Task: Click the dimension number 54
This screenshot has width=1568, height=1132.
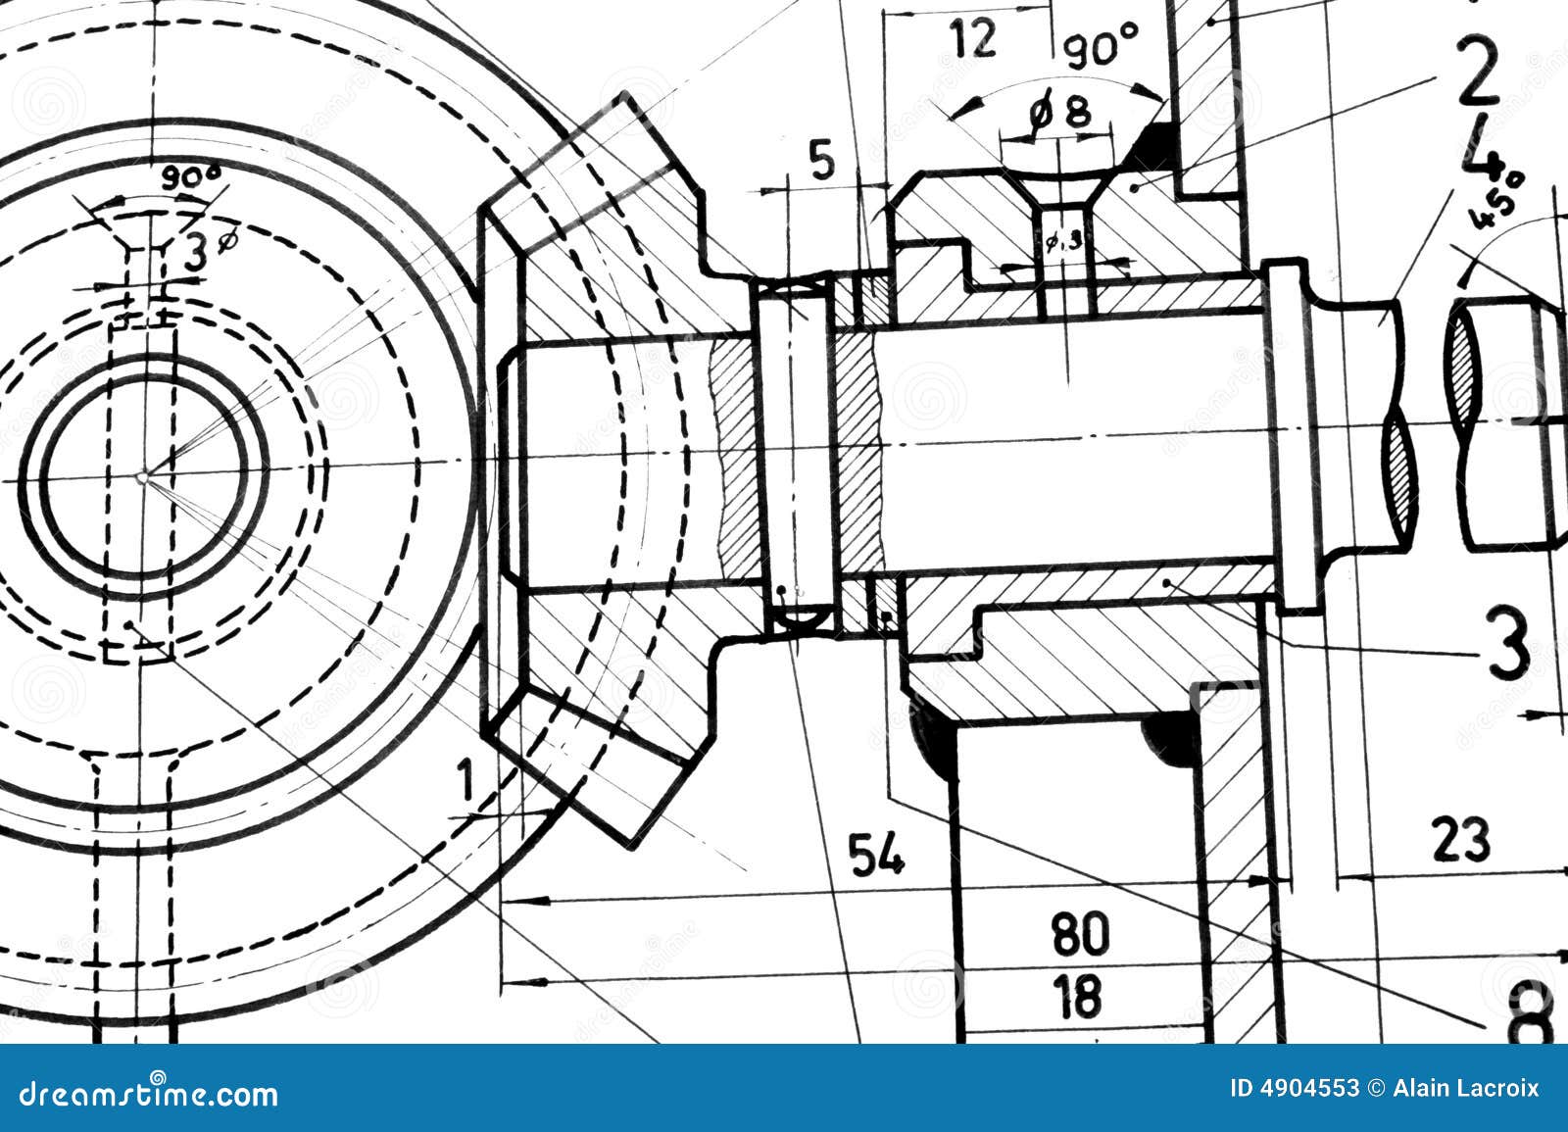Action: point(876,854)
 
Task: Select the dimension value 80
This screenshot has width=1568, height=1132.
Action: point(1081,933)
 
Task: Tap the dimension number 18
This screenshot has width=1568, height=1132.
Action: point(1081,996)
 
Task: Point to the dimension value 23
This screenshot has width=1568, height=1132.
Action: point(1461,839)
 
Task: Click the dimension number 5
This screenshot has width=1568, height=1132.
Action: point(823,160)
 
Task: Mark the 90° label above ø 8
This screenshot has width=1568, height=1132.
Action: point(1101,45)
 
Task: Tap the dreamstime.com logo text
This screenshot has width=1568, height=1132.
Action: point(148,1092)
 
